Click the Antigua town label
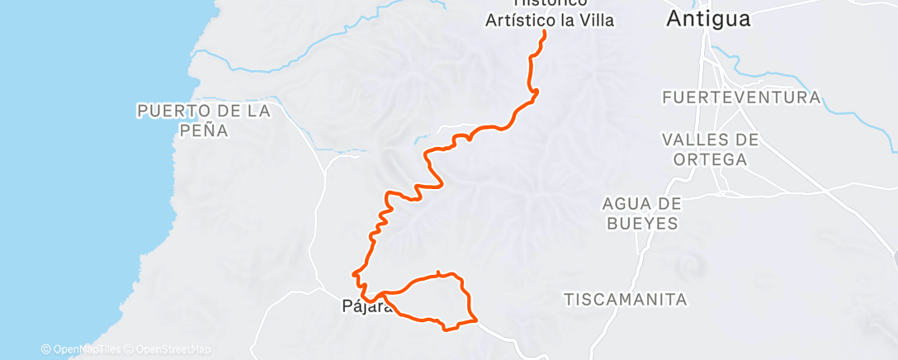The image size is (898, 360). coord(708,19)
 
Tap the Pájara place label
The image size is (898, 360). coord(361,306)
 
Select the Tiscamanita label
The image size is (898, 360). coord(626,299)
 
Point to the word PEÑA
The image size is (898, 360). coord(202,130)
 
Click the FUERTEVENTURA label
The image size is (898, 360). coord(741,97)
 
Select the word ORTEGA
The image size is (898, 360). coord(710,159)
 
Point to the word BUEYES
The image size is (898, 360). coord(640,223)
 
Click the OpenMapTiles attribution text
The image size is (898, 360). coord(86,349)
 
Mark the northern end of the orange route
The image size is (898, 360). coord(545,32)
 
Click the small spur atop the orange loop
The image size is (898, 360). coord(438,272)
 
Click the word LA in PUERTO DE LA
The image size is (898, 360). coord(258,111)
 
